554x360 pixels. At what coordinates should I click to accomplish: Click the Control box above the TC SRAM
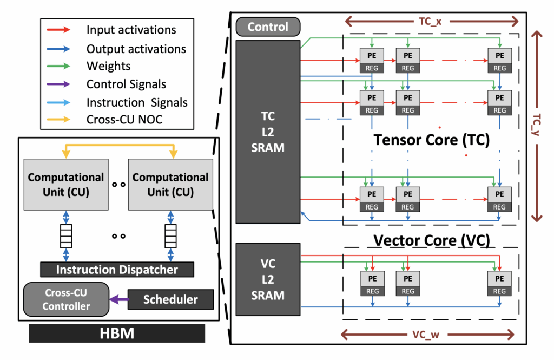pyautogui.click(x=268, y=27)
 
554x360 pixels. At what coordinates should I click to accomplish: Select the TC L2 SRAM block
pyautogui.click(x=268, y=132)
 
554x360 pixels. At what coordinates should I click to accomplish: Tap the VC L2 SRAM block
pyautogui.click(x=268, y=279)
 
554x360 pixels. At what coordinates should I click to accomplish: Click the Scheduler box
pyautogui.click(x=170, y=299)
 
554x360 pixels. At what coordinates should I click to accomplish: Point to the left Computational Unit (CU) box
pyautogui.click(x=66, y=184)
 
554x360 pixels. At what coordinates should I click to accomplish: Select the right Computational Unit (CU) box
pyautogui.click(x=171, y=184)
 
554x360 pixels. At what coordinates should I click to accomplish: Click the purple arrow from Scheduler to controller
pyautogui.click(x=118, y=299)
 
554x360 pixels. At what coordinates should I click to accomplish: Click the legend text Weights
pyautogui.click(x=108, y=66)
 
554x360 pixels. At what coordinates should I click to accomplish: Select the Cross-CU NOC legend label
pyautogui.click(x=124, y=120)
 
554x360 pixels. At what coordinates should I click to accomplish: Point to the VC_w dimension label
pyautogui.click(x=431, y=335)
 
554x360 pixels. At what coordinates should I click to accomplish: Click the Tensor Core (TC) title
pyautogui.click(x=431, y=140)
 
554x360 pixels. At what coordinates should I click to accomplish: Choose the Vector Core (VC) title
pyautogui.click(x=431, y=240)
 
